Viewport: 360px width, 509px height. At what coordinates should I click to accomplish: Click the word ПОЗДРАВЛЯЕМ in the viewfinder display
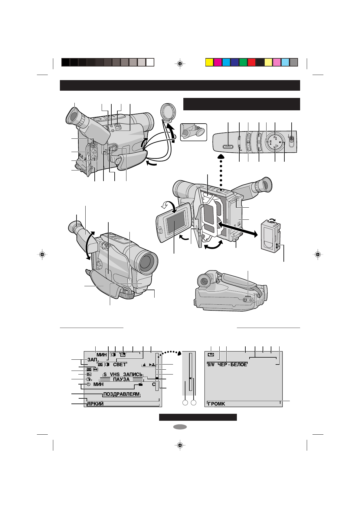(122, 394)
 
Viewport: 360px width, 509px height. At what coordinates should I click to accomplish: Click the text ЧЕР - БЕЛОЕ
(232, 365)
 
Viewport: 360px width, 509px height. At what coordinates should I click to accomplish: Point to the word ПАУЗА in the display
(121, 379)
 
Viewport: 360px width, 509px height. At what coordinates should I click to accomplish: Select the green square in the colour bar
(243, 62)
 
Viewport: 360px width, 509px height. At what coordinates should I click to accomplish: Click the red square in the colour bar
(252, 62)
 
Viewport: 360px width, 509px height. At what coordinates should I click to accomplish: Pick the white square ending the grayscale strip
(150, 62)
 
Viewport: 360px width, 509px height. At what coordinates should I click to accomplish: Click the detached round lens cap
(168, 111)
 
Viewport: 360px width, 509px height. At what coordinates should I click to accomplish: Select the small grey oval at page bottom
(180, 427)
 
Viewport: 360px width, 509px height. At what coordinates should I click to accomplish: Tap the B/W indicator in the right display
(211, 365)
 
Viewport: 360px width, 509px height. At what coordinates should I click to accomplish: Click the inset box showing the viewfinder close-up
(194, 132)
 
